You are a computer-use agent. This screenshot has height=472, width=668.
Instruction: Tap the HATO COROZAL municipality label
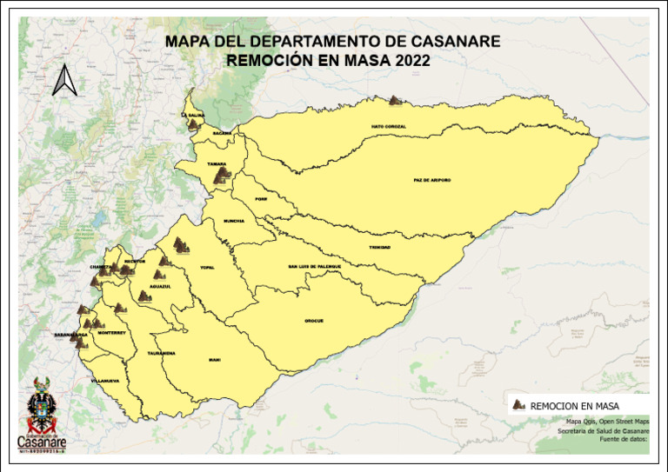tap(388, 126)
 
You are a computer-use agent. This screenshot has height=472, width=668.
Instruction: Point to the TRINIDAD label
tap(379, 247)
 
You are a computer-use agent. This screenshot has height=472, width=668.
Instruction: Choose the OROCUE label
tap(314, 321)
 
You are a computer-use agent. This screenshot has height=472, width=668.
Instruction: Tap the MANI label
tap(214, 359)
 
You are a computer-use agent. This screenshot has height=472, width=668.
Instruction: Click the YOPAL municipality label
tap(207, 267)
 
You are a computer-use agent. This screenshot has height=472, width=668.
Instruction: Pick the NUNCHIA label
tap(234, 221)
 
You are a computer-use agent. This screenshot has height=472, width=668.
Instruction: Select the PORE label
tap(261, 199)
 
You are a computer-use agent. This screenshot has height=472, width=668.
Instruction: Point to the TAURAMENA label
tap(162, 353)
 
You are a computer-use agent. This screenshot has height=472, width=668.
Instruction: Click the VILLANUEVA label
tap(104, 381)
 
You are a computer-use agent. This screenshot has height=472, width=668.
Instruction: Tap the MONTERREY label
tap(112, 332)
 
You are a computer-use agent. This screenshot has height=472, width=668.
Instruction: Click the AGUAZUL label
tap(160, 286)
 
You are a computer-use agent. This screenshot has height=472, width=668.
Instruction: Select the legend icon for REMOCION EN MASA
tap(519, 405)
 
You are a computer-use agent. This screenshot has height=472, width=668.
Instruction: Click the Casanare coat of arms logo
tap(41, 405)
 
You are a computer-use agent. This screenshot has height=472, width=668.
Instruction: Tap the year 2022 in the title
tap(411, 61)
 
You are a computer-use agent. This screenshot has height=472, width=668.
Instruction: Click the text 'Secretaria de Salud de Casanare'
tap(603, 431)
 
